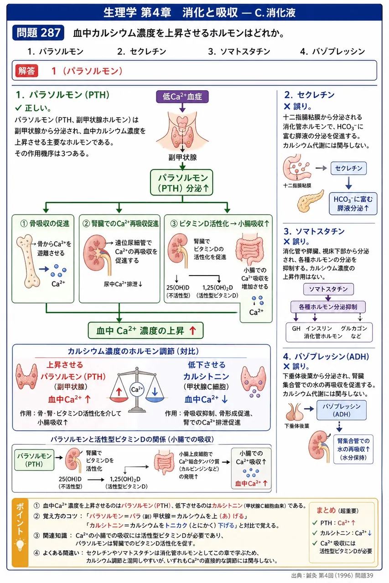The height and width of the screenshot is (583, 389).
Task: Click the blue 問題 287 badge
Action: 38,32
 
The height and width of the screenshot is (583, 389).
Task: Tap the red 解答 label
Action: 26,71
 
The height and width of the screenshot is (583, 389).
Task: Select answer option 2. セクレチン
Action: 141,51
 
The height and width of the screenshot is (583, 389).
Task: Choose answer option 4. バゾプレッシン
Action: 332,51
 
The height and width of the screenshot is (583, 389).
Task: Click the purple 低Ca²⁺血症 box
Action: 182,97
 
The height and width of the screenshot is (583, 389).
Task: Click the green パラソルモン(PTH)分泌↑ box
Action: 182,183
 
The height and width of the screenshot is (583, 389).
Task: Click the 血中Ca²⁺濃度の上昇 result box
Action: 145,331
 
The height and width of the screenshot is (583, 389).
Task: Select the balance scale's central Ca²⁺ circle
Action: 137,389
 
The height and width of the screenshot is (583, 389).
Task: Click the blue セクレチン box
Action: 348,169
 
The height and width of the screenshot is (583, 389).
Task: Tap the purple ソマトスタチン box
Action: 328,289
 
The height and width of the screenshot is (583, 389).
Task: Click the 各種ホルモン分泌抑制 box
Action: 328,307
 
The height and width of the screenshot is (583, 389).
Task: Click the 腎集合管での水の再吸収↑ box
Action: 353,449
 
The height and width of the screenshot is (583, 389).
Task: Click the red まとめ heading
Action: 326,511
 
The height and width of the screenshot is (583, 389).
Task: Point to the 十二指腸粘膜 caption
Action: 297,185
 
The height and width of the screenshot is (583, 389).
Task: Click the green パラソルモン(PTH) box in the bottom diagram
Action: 34,460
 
